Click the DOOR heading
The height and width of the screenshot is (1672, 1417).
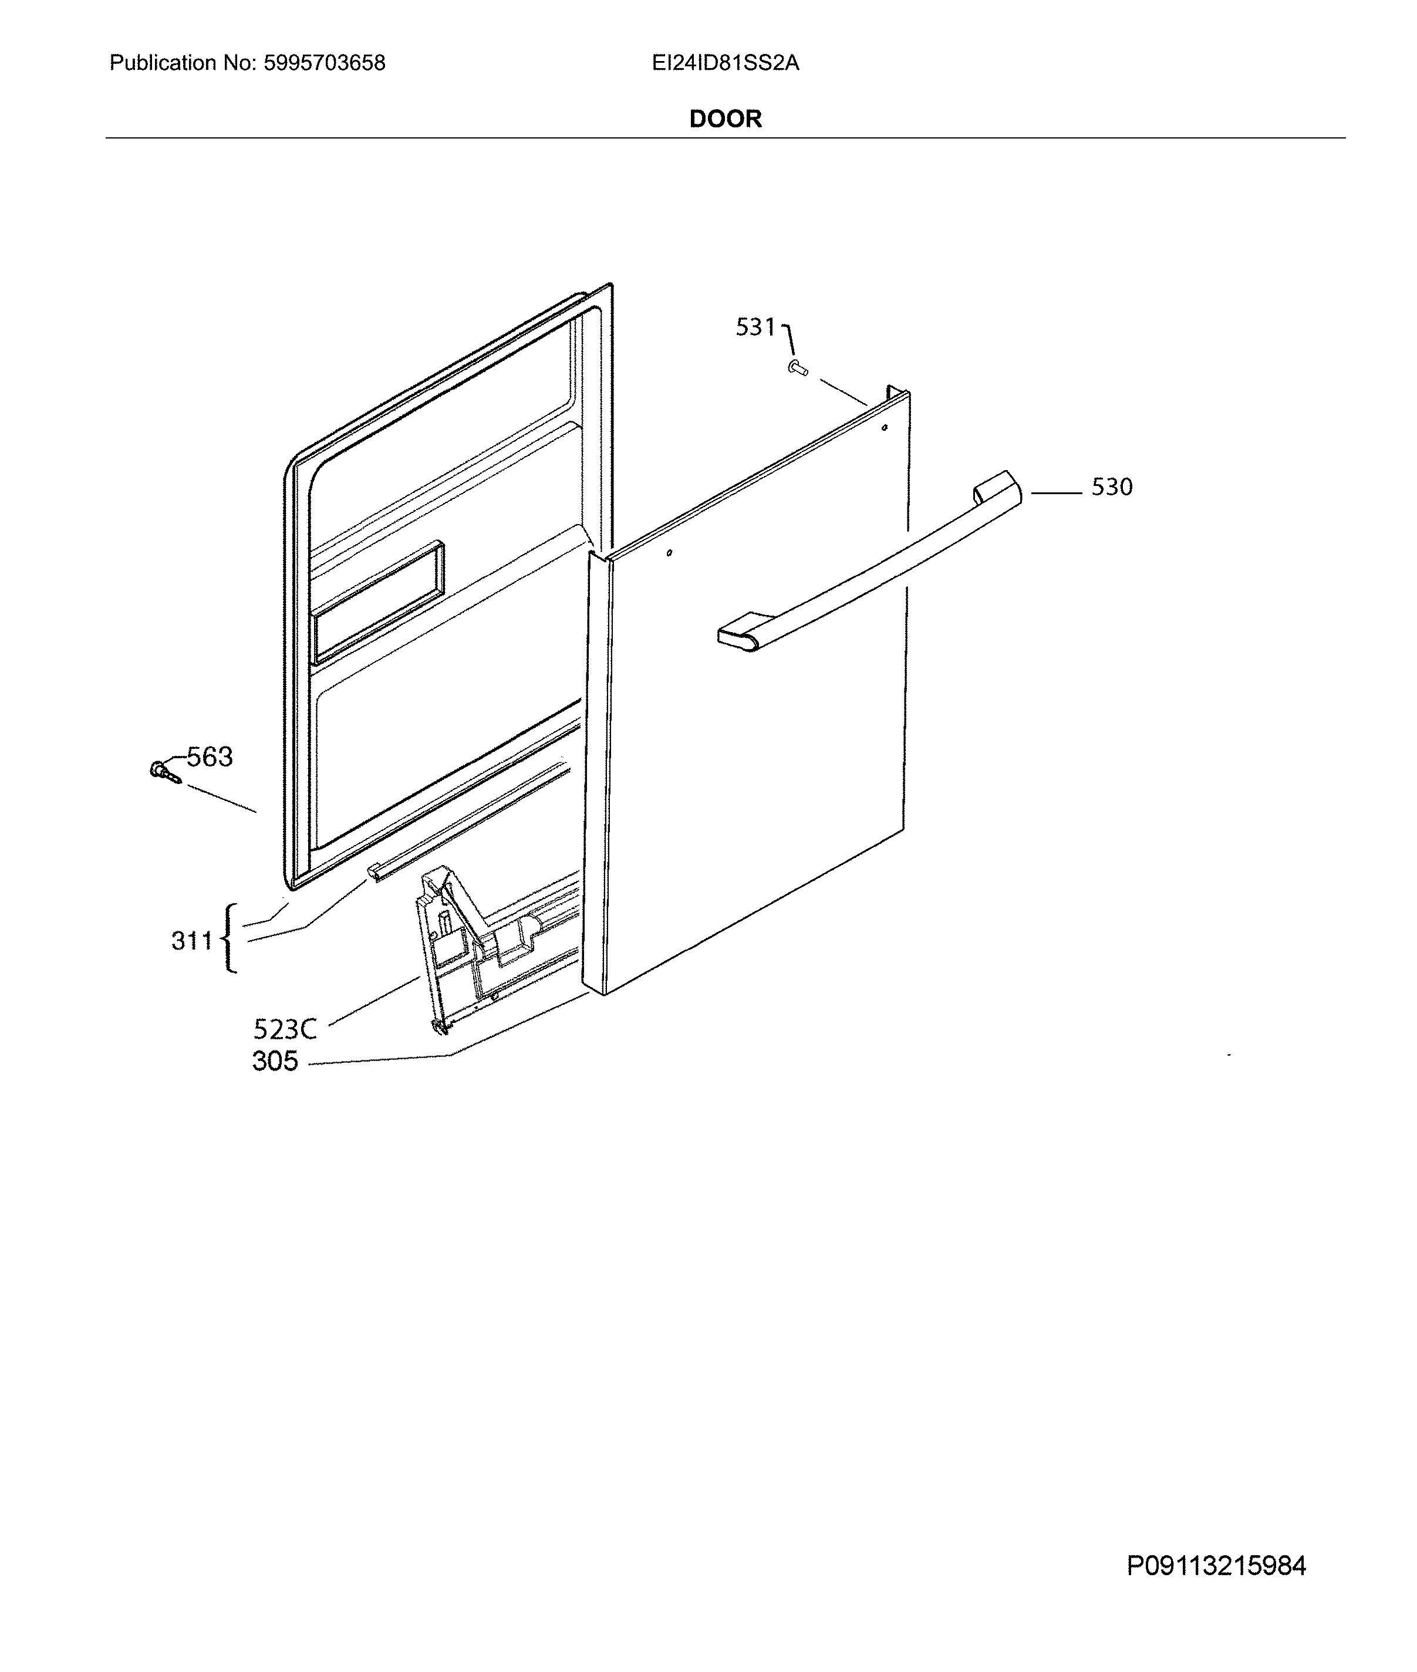point(726,119)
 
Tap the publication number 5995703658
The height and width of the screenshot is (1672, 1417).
point(325,63)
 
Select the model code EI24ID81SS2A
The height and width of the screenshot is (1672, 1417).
point(726,63)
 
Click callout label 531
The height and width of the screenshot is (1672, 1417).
point(756,327)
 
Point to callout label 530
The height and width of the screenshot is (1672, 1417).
point(1112,487)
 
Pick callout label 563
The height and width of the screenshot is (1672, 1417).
point(210,756)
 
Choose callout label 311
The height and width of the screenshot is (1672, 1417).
point(192,940)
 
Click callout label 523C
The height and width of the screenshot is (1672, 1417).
point(285,1029)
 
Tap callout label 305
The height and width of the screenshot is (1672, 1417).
point(275,1061)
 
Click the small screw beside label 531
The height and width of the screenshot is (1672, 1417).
point(798,369)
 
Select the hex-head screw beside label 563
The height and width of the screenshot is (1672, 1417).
point(166,772)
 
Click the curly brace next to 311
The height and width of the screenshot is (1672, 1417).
point(231,938)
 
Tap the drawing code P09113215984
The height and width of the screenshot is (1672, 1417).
point(1216,1566)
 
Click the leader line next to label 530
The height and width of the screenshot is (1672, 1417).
point(1057,493)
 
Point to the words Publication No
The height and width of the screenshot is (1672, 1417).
point(183,63)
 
